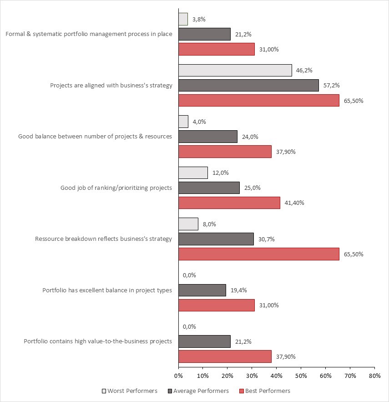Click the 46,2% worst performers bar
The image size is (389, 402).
[235, 70]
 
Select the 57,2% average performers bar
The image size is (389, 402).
[248, 85]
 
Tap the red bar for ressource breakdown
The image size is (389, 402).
[258, 254]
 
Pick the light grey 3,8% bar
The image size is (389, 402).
[183, 19]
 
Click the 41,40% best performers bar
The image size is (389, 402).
[229, 203]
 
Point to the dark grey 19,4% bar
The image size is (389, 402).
[202, 290]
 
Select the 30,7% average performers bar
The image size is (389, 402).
[216, 239]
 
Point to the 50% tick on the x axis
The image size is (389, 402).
[301, 376]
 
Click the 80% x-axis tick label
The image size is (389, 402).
[374, 376]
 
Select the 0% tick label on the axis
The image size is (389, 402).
[178, 376]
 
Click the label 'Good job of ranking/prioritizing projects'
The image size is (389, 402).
[116, 188]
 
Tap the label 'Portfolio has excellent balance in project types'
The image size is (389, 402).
[107, 290]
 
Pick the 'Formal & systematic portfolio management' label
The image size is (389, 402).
[89, 34]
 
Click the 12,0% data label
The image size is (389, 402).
[221, 173]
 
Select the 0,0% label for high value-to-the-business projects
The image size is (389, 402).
[189, 326]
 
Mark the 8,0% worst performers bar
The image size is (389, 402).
[188, 224]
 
